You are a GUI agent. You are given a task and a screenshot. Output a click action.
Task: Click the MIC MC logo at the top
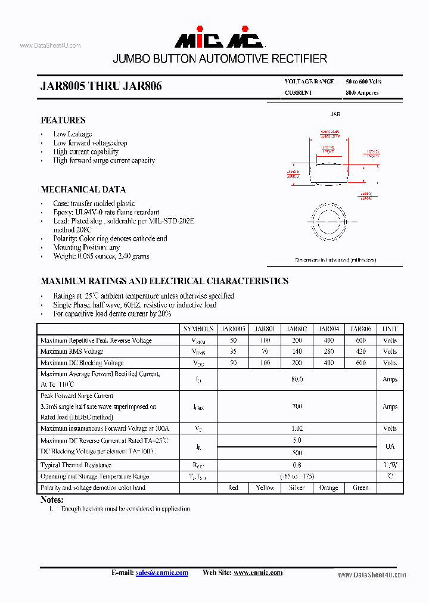tap(219, 39)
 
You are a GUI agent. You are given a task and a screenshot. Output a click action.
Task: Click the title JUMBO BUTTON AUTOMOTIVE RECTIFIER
tap(220, 59)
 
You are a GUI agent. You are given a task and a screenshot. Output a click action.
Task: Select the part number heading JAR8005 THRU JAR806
tap(101, 86)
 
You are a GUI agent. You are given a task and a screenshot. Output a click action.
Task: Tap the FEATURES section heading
tap(63, 120)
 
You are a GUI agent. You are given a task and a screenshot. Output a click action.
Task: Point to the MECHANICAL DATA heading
tap(83, 189)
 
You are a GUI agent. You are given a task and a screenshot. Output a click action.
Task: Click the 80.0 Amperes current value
tap(362, 93)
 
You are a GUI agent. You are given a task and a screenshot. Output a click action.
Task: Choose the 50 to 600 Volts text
tap(363, 82)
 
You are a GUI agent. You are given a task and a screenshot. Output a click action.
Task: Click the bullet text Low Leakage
tap(72, 134)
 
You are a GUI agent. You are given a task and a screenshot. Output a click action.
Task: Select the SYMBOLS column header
tap(198, 329)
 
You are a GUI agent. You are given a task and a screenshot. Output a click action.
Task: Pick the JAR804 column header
tap(328, 329)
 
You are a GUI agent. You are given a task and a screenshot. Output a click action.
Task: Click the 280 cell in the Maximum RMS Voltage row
tap(328, 352)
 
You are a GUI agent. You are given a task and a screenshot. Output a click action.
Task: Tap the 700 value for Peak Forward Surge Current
tap(297, 406)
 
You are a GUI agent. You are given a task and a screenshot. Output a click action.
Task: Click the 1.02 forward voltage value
tap(297, 428)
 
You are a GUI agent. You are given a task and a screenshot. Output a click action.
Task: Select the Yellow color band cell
tap(265, 487)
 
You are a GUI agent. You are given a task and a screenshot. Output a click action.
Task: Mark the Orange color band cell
tap(328, 487)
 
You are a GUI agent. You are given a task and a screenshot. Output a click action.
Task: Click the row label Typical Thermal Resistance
tap(76, 465)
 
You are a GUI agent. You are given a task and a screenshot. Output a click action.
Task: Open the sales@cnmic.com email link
tap(162, 573)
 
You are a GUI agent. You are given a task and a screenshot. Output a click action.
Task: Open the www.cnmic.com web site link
tap(257, 573)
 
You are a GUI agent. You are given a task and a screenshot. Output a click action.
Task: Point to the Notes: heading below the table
tap(52, 500)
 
